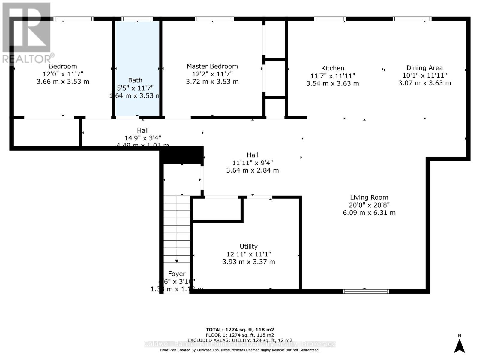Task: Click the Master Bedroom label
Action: [212, 66]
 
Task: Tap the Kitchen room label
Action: [332, 68]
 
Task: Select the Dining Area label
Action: [424, 68]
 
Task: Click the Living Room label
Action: [369, 197]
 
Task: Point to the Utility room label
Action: [248, 247]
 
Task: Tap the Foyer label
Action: [177, 274]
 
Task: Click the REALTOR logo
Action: [27, 33]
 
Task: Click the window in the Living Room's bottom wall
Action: [366, 291]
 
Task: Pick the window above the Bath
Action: [137, 19]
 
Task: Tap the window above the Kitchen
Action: [330, 19]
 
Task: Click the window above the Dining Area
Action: [412, 19]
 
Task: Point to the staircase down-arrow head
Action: [177, 261]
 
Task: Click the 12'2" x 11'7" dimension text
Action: [212, 74]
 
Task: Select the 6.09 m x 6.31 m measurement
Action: [369, 213]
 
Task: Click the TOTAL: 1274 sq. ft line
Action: [240, 330]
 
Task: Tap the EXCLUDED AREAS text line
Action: [240, 340]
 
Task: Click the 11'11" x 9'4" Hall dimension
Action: [252, 163]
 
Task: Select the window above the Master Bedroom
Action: [214, 19]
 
